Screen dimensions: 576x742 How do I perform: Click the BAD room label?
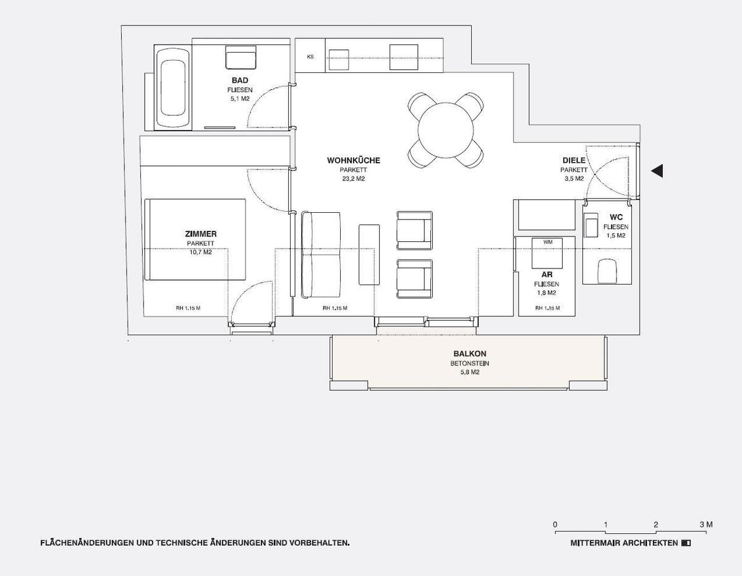tap(240, 81)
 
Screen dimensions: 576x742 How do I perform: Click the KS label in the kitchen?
tap(310, 57)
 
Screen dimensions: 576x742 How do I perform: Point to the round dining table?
tap(445, 131)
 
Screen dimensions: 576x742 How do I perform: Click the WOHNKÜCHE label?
tap(354, 161)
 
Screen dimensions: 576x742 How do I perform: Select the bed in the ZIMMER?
tap(195, 239)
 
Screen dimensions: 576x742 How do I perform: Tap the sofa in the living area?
tap(321, 254)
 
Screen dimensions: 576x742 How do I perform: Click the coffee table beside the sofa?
tap(369, 254)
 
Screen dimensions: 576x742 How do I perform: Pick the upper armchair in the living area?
tap(414, 230)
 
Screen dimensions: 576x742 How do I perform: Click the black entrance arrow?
tap(657, 171)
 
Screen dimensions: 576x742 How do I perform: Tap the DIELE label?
tap(574, 161)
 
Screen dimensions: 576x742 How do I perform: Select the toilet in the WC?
tap(607, 271)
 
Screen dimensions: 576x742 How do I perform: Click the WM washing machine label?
tap(548, 242)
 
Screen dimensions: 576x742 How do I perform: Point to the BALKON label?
tap(465, 355)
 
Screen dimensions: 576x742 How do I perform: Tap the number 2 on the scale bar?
tap(655, 525)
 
